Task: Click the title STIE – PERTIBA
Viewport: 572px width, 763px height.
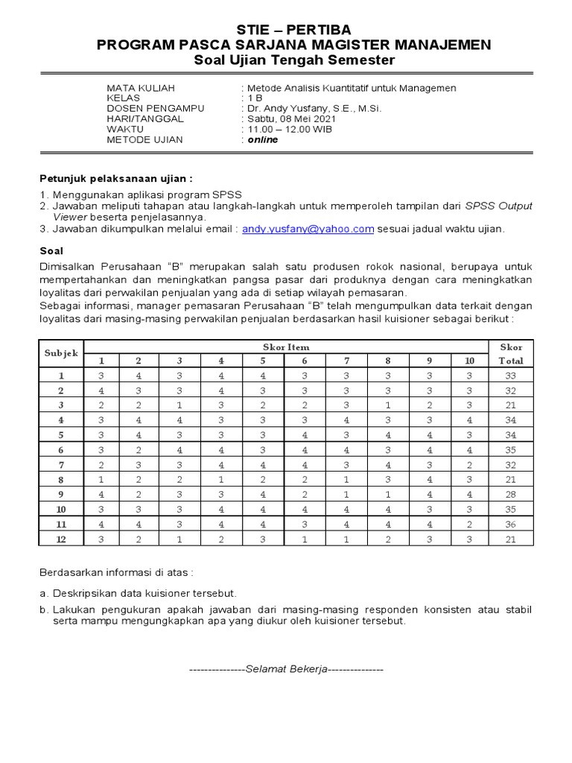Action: click(x=286, y=29)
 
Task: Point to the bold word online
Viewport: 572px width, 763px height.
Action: click(x=263, y=139)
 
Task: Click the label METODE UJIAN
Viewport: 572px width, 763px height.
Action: click(x=144, y=139)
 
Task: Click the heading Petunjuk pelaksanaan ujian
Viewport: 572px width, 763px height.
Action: click(x=115, y=179)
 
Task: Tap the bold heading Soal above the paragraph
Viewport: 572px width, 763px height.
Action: click(x=51, y=251)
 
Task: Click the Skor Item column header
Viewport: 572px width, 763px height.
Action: click(x=286, y=346)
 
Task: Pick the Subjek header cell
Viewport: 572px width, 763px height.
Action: click(x=61, y=353)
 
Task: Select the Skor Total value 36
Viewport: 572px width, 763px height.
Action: click(x=511, y=525)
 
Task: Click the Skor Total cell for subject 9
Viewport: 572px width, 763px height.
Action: click(x=511, y=495)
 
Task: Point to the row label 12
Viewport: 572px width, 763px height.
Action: click(x=61, y=539)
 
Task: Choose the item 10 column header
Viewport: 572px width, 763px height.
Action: click(x=469, y=361)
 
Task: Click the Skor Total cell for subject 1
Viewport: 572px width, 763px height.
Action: click(x=511, y=376)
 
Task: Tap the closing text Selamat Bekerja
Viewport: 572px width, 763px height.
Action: click(x=286, y=669)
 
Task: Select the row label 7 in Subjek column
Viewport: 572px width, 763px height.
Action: click(x=61, y=465)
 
